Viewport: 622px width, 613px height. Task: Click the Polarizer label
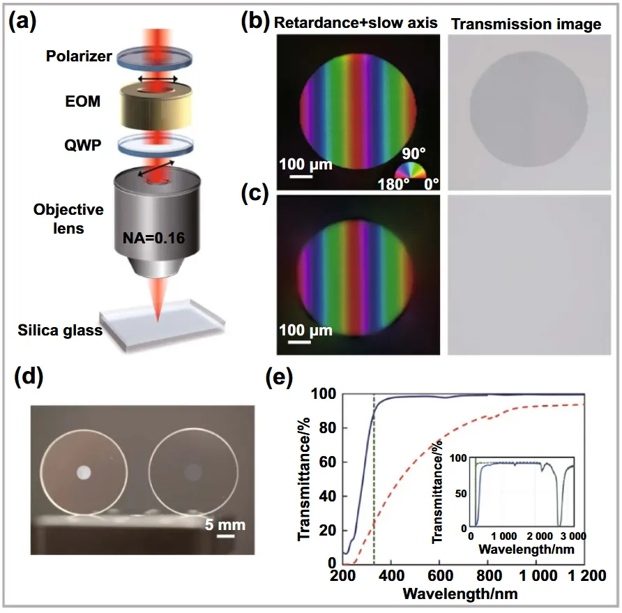(79, 56)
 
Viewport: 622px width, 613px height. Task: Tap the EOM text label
(82, 101)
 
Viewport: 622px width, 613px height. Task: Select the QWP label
(82, 145)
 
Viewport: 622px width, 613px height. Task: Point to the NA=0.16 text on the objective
(153, 238)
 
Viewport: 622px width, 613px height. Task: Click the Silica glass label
(60, 330)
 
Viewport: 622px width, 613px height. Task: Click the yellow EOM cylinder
(156, 106)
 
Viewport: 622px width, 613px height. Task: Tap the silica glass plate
(162, 324)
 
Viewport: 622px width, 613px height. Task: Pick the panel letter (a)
(22, 22)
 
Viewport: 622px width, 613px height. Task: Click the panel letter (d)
(29, 376)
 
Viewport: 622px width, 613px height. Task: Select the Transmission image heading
(526, 24)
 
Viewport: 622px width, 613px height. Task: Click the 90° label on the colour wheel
(414, 153)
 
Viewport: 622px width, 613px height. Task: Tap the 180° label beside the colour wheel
(393, 184)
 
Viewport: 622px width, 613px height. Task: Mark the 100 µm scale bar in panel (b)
(301, 176)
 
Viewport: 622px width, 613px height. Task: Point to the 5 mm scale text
(225, 525)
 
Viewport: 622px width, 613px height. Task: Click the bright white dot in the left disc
(84, 472)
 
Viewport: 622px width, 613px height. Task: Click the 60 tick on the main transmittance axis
(328, 462)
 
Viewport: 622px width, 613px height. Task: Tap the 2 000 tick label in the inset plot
(540, 536)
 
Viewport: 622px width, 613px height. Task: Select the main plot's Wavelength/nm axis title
(460, 594)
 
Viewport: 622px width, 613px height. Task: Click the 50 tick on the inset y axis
(461, 494)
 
